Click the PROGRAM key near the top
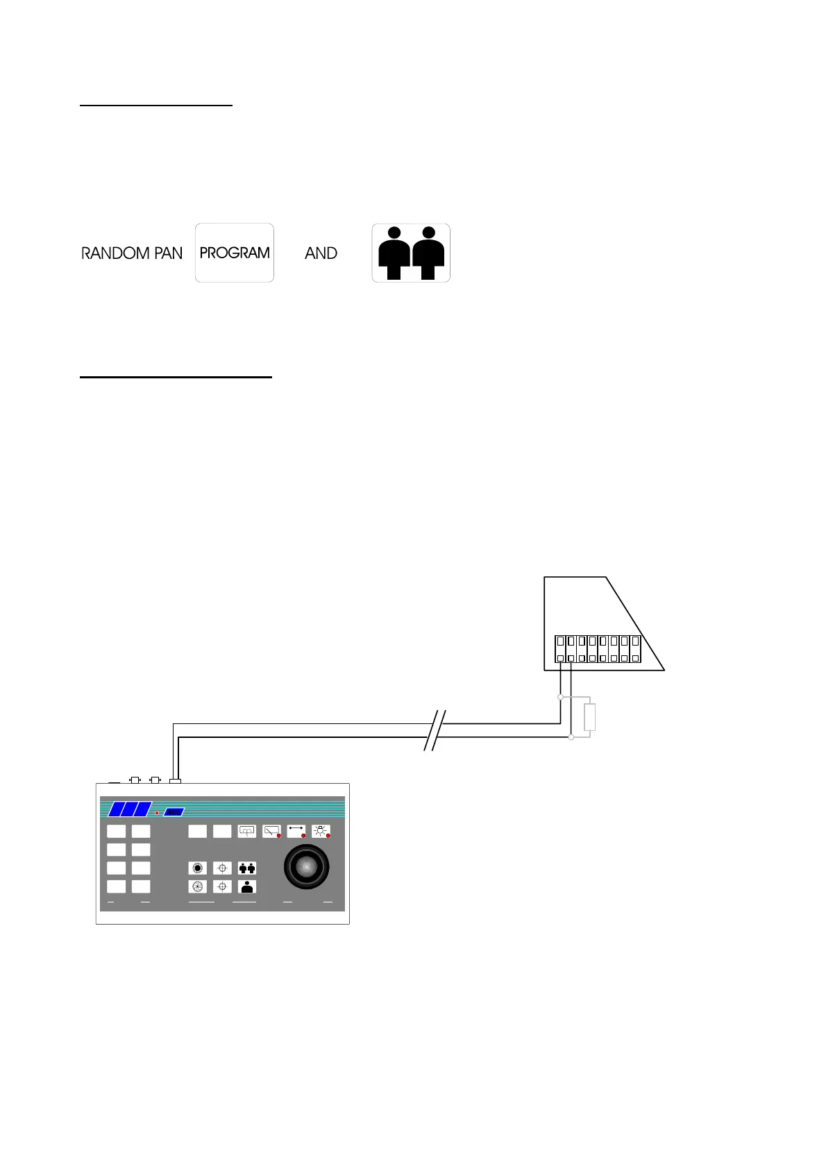pos(235,253)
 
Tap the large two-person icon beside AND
pos(411,253)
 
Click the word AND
pos(321,253)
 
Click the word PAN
pos(168,253)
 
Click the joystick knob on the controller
pos(306,866)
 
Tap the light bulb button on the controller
pos(321,830)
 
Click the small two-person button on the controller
pos(247,868)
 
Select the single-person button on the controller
pos(247,886)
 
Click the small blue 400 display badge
pos(174,811)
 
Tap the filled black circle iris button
pos(198,868)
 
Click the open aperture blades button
pos(198,886)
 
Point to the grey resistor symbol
pos(590,717)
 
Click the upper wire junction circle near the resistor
pos(560,696)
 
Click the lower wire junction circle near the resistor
pos(571,737)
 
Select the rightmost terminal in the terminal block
pos(635,649)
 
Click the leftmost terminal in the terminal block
pos(560,649)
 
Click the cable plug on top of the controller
pos(175,781)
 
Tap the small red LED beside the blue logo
pos(157,812)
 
